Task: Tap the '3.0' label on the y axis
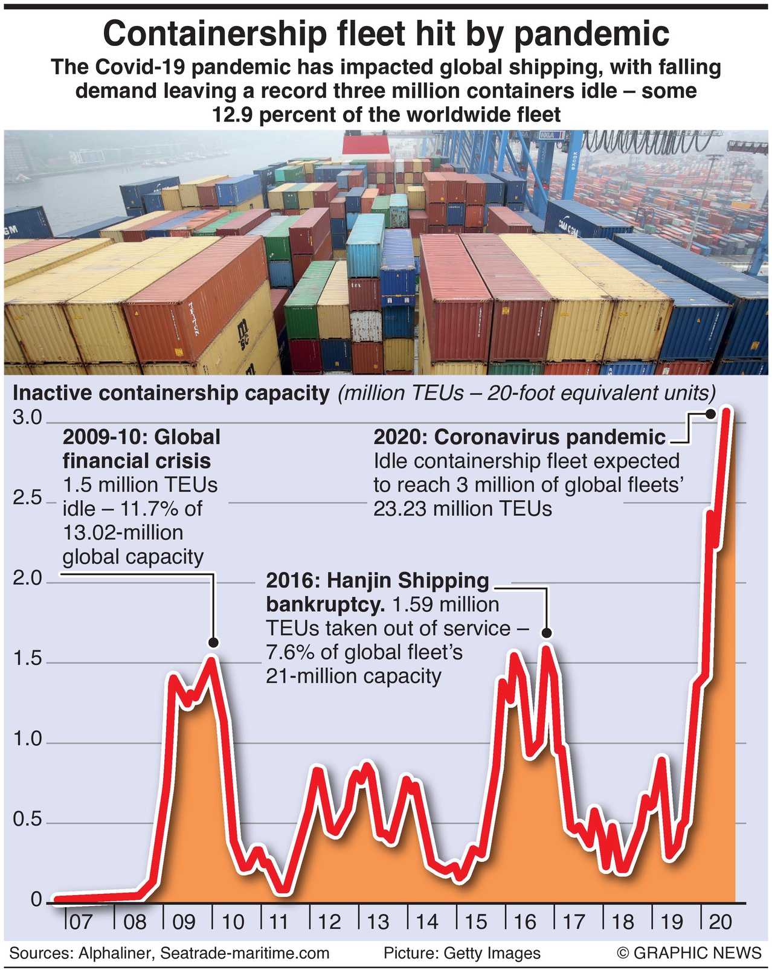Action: coord(27,417)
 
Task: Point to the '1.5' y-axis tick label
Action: coord(27,658)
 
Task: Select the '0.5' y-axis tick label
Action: coord(27,820)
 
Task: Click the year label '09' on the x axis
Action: coord(184,922)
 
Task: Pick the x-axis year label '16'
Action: coord(524,922)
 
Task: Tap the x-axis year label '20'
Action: coord(720,922)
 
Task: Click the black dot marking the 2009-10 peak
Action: coord(213,643)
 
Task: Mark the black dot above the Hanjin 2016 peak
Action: coord(547,632)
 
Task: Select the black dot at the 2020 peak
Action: coord(710,414)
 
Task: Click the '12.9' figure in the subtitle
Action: coord(233,114)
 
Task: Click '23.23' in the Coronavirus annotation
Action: coord(398,509)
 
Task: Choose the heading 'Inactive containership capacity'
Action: coord(172,393)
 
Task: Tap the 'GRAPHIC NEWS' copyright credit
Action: coord(697,953)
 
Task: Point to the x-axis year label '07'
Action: coord(81,922)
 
